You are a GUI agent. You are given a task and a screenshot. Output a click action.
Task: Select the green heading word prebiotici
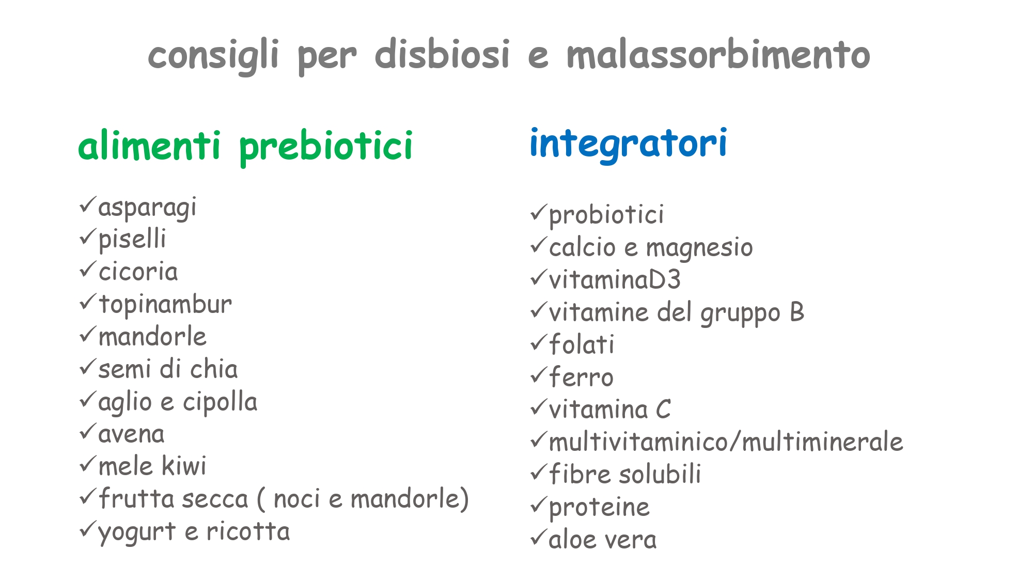(326, 147)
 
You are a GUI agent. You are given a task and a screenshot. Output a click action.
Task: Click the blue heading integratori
(629, 144)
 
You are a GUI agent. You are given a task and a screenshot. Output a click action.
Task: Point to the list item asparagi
(147, 208)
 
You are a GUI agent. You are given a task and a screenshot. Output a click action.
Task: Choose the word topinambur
(165, 304)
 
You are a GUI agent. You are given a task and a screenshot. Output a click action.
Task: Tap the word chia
(214, 369)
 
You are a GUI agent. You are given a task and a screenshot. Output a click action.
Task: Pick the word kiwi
(184, 466)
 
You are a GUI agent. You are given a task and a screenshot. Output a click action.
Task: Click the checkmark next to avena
(88, 432)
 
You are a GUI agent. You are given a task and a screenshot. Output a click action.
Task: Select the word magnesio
(699, 248)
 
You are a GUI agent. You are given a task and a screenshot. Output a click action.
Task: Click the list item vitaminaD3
(615, 280)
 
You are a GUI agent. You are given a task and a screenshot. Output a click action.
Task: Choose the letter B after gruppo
(797, 312)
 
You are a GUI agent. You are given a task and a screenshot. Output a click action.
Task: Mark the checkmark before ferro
(539, 375)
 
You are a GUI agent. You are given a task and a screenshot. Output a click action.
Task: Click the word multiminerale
(822, 442)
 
